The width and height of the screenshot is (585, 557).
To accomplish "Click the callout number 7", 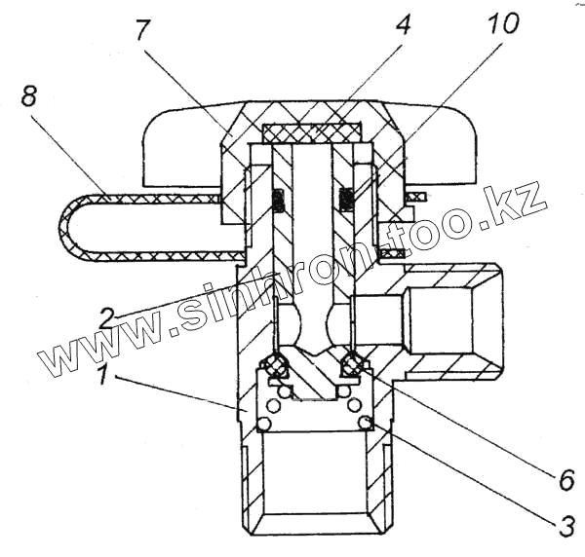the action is [143, 30].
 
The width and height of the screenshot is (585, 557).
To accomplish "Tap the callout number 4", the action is [402, 23].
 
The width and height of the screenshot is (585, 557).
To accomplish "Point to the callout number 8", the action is [30, 96].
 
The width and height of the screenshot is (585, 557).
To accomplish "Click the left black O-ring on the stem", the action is [278, 199].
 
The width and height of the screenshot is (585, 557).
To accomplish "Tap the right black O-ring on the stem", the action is [346, 199].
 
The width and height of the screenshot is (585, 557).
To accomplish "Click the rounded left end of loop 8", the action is [70, 227].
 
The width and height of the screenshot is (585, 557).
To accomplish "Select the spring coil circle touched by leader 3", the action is [364, 422].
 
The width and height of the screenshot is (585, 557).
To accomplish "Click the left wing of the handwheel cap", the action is [175, 146].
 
